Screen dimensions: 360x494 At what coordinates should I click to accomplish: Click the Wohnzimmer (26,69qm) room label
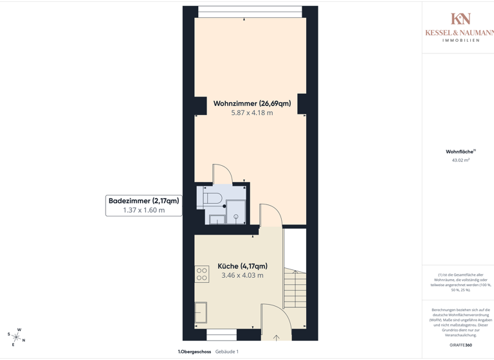[x=252, y=103]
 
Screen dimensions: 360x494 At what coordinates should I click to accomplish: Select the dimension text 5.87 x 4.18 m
[x=252, y=113]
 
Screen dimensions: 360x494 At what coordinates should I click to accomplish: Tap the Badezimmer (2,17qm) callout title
[x=143, y=201]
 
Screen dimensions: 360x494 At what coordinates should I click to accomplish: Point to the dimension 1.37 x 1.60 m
[x=143, y=210]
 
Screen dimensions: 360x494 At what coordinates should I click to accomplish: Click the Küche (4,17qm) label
[x=242, y=266]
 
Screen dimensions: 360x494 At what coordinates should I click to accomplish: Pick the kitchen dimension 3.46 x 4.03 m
[x=242, y=276]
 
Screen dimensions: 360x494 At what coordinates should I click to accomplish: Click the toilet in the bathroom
[x=212, y=197]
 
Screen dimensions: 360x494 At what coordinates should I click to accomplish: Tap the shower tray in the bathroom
[x=236, y=212]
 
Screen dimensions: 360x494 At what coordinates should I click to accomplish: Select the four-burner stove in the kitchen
[x=201, y=274]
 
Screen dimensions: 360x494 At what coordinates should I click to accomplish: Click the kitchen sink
[x=201, y=312]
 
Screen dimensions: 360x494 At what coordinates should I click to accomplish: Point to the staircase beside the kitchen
[x=295, y=289]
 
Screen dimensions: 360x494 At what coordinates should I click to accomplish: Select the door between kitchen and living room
[x=271, y=215]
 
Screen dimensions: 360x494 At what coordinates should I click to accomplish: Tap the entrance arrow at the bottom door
[x=277, y=337]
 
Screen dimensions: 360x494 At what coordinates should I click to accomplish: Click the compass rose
[x=16, y=337]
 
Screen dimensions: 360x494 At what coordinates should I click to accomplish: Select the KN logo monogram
[x=460, y=19]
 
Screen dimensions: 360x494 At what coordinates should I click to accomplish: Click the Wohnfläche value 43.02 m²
[x=461, y=160]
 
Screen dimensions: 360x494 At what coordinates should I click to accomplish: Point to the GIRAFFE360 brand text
[x=461, y=345]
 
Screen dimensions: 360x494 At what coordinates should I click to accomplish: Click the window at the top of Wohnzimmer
[x=250, y=12]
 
